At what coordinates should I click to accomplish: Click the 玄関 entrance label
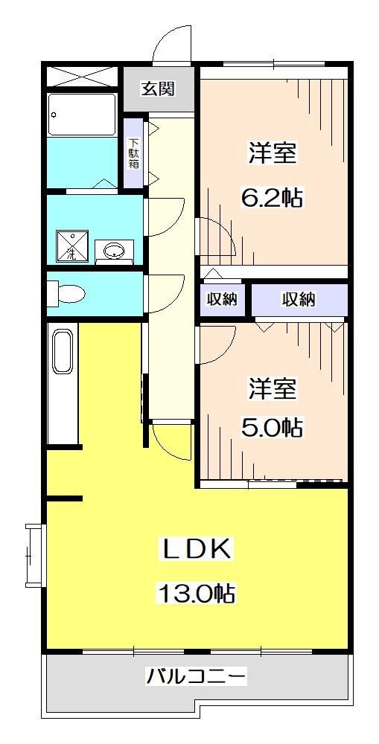[x=159, y=89]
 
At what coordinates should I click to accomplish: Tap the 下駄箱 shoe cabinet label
[x=133, y=153]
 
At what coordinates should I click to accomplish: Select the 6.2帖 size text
[x=271, y=199]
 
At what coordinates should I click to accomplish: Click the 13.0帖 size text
[x=196, y=593]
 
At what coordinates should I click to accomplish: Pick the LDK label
[x=198, y=550]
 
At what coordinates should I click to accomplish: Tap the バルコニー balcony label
[x=196, y=676]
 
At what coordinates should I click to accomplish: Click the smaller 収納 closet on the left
[x=221, y=300]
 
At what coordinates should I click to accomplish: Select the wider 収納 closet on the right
[x=299, y=300]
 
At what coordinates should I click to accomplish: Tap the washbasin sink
[x=114, y=251]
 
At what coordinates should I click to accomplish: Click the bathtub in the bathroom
[x=82, y=115]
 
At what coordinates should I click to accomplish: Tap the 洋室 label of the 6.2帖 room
[x=272, y=154]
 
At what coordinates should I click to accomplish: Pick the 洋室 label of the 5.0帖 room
[x=272, y=388]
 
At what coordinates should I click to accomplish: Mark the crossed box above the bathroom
[x=82, y=77]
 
